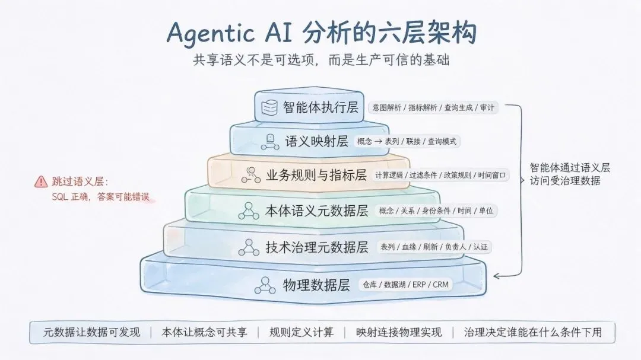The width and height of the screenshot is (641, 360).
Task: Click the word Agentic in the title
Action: click(x=211, y=33)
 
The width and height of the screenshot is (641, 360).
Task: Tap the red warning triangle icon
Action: click(x=41, y=181)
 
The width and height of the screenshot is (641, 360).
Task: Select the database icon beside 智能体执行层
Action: click(x=269, y=107)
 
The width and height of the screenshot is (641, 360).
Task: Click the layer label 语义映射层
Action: click(x=316, y=141)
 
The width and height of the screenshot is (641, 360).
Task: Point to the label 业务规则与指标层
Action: click(x=316, y=175)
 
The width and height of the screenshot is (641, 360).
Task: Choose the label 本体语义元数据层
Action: click(x=316, y=211)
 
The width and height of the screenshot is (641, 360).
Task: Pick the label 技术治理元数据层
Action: click(x=316, y=247)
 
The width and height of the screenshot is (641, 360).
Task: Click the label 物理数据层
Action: click(x=316, y=285)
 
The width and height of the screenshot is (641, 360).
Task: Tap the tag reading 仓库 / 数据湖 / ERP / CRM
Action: click(x=405, y=285)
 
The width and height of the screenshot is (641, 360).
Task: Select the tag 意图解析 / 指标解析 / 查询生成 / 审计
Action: click(x=433, y=107)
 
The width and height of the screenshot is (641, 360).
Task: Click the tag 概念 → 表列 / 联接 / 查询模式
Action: click(x=407, y=141)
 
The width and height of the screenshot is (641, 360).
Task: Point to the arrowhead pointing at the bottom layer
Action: click(x=497, y=276)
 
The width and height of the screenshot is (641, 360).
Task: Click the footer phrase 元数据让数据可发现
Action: click(x=91, y=332)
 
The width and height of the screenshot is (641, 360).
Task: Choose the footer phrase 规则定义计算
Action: click(x=302, y=332)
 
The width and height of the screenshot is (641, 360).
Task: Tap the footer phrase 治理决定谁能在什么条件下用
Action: click(x=532, y=332)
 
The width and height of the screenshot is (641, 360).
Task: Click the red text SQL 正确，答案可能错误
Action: click(x=100, y=197)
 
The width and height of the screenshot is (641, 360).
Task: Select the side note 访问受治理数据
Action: click(x=565, y=181)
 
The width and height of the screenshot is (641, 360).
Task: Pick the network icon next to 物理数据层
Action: click(x=265, y=285)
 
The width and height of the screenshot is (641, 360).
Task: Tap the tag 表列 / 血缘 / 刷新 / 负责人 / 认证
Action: click(x=434, y=247)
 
